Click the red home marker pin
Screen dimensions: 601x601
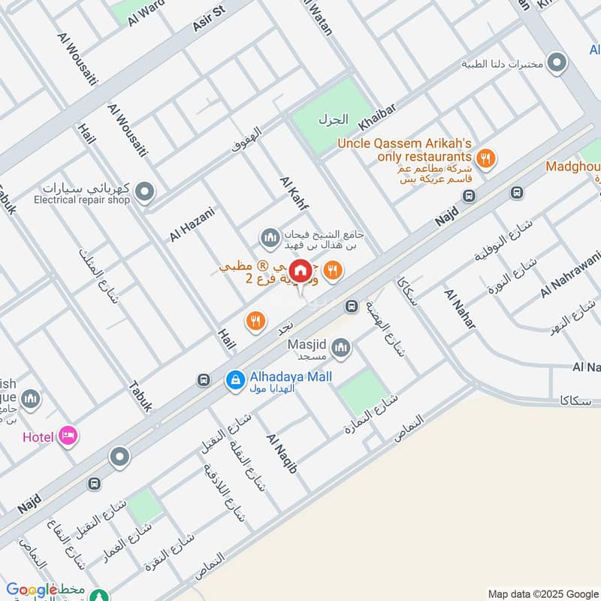click(x=301, y=271)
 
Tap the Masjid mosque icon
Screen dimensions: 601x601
click(x=341, y=347)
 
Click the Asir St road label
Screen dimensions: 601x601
click(x=209, y=18)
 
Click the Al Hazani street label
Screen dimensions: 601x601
click(x=192, y=224)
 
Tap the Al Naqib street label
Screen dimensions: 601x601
click(x=282, y=453)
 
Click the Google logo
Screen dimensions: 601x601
click(x=32, y=590)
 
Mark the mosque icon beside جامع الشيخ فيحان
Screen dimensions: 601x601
click(x=270, y=239)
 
